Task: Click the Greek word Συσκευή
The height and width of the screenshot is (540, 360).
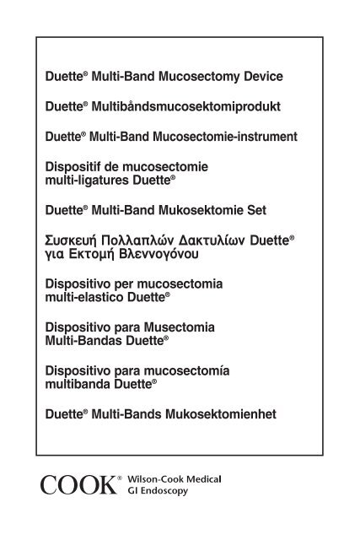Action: pyautogui.click(x=77, y=238)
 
